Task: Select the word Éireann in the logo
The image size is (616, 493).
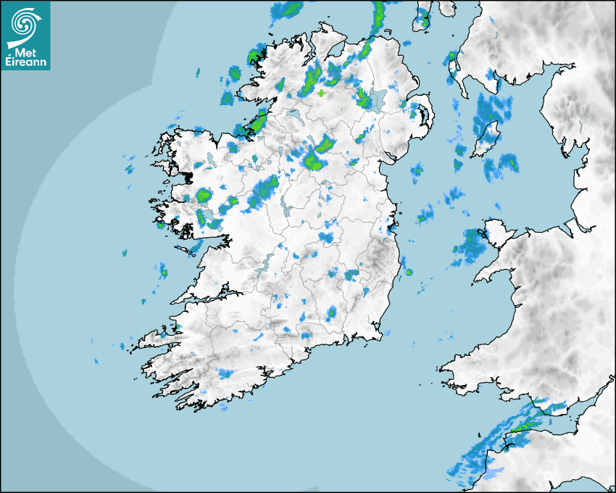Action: coord(25,62)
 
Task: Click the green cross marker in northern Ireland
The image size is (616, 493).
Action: coord(321,93)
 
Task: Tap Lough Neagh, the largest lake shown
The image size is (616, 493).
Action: coord(379,101)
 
